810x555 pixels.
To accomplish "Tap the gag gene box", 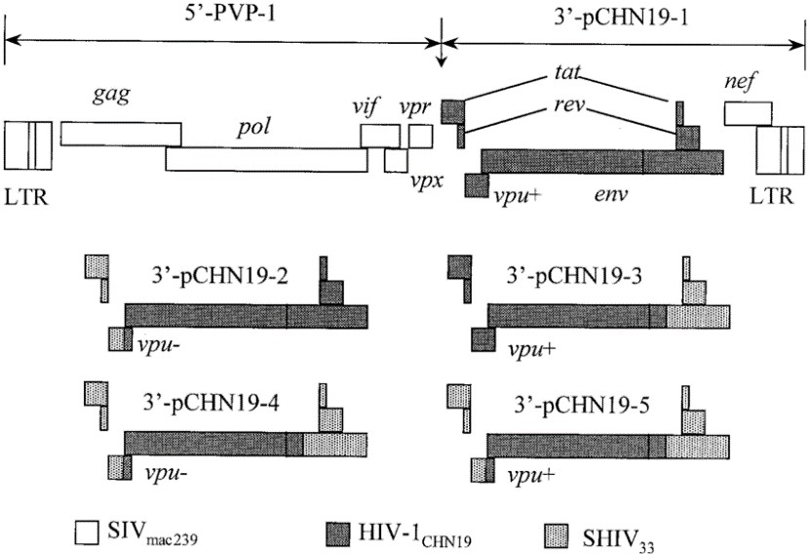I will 120,134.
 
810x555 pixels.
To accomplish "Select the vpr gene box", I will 420,136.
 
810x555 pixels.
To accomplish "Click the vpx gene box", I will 396,161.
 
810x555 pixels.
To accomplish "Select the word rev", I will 565,107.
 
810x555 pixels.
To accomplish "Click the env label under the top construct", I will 610,194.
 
